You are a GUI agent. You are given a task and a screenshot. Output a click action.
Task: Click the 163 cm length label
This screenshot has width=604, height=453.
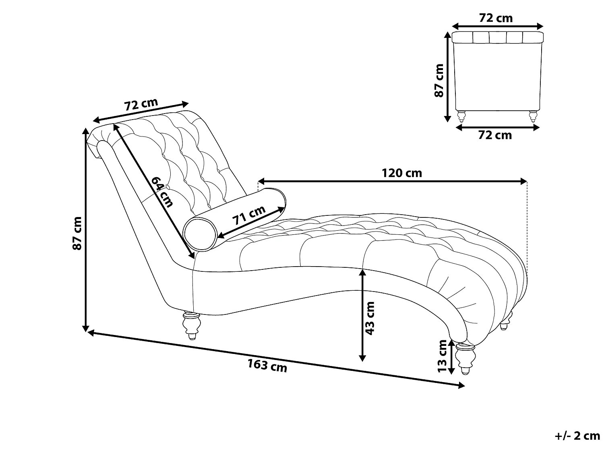(x=267, y=366)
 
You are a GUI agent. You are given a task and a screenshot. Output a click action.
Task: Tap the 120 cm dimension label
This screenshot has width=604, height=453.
(x=401, y=173)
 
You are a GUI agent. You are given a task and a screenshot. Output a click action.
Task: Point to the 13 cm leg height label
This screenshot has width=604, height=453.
(x=442, y=356)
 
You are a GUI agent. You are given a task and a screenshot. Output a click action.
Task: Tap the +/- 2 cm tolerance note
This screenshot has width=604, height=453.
(x=577, y=436)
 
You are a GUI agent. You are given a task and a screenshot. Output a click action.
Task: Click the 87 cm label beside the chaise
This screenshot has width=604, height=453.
(x=77, y=233)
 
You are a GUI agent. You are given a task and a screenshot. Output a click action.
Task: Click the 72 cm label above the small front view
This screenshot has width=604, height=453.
(x=496, y=18)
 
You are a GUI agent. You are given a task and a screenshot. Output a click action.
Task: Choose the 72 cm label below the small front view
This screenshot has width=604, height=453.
(x=495, y=135)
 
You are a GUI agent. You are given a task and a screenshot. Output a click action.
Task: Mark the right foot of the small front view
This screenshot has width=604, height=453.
(x=532, y=116)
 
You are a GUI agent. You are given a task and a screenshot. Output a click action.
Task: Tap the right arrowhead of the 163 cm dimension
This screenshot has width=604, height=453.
(x=461, y=386)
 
